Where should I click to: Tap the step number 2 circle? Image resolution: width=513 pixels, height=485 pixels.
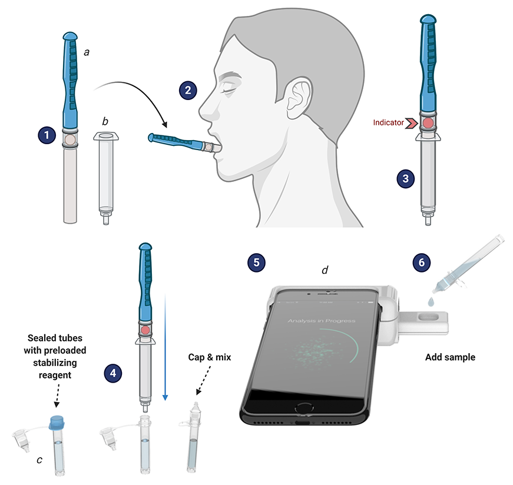point(188,91)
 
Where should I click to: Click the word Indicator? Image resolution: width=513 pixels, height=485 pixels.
point(387,123)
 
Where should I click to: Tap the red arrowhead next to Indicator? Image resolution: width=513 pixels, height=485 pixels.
point(411,123)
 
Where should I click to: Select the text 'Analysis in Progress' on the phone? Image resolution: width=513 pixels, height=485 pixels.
point(322,321)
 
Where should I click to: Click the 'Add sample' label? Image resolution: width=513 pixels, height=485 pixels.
point(450,357)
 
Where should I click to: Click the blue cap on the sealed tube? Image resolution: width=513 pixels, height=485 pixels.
point(57,421)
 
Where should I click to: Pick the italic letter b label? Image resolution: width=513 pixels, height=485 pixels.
point(105,121)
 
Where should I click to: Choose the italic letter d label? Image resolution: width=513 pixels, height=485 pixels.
point(325,270)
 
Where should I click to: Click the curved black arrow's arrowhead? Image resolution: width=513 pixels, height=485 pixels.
point(166,126)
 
